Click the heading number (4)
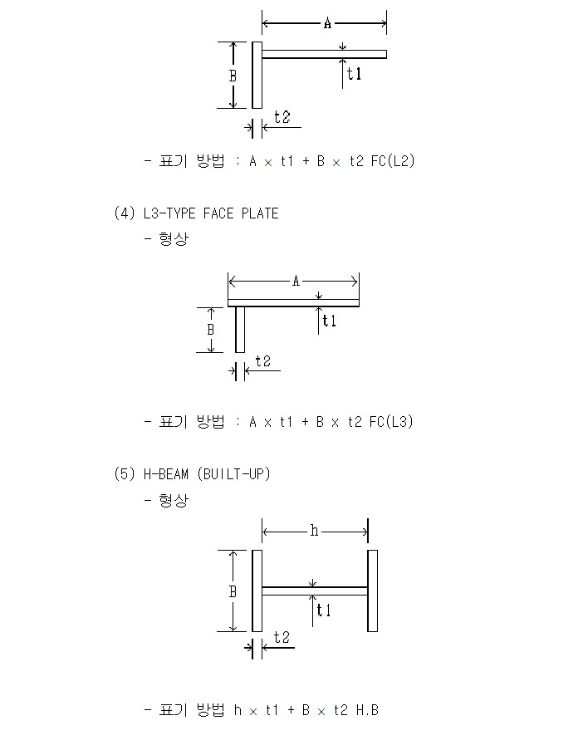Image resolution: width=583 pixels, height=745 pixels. click(125, 213)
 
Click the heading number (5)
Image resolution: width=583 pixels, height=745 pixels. click(125, 473)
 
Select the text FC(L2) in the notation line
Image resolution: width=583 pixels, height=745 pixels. click(393, 161)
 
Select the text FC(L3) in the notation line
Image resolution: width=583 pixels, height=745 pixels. click(391, 421)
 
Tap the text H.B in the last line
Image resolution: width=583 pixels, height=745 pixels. click(367, 710)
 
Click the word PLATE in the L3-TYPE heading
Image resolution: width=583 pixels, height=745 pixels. click(260, 213)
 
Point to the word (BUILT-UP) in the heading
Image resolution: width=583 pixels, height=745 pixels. click(233, 473)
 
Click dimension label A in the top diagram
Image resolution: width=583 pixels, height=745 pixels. click(327, 22)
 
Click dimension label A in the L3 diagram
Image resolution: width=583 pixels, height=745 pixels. click(296, 282)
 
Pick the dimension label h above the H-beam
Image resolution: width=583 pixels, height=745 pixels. click(314, 530)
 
